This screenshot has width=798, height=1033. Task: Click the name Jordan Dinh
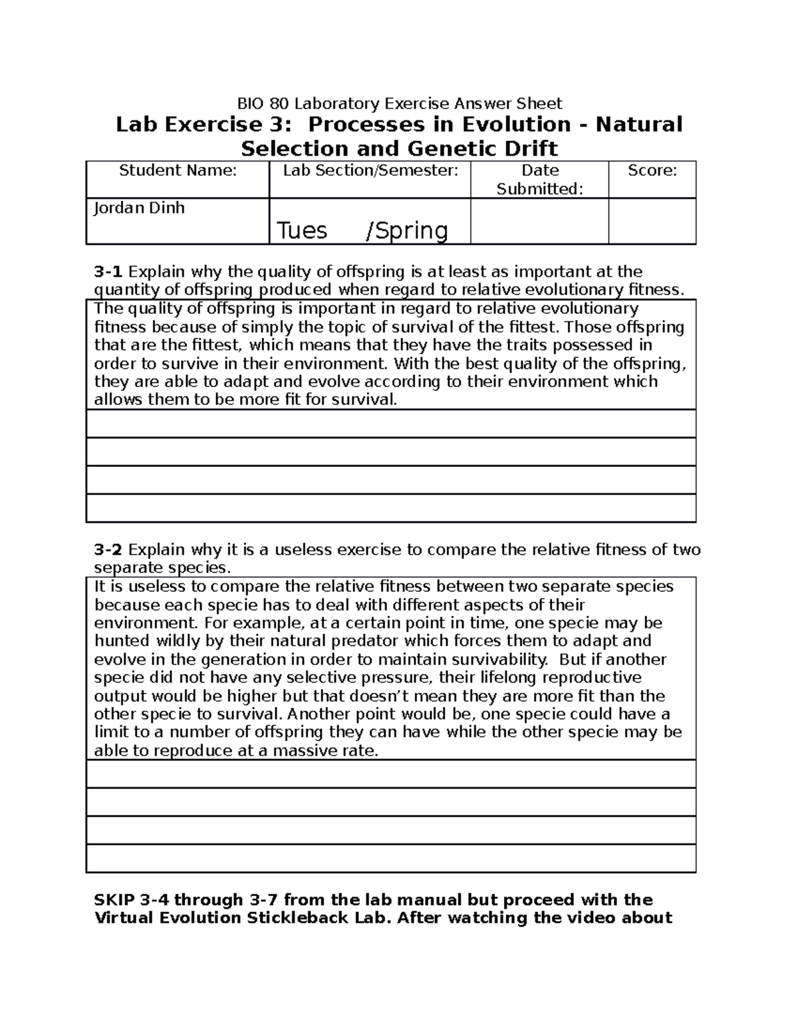(139, 208)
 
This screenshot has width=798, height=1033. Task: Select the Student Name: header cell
(178, 171)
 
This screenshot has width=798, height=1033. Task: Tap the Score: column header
(652, 171)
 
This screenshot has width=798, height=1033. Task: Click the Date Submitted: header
(539, 180)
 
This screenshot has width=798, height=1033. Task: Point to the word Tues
(301, 231)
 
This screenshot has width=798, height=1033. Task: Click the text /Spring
(407, 231)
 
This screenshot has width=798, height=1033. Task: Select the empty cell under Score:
(652, 221)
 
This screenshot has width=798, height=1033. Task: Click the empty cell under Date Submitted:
(539, 221)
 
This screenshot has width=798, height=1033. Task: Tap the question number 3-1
(109, 272)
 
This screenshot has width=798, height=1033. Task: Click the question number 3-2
(109, 550)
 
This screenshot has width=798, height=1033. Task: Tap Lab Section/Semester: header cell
(370, 171)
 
